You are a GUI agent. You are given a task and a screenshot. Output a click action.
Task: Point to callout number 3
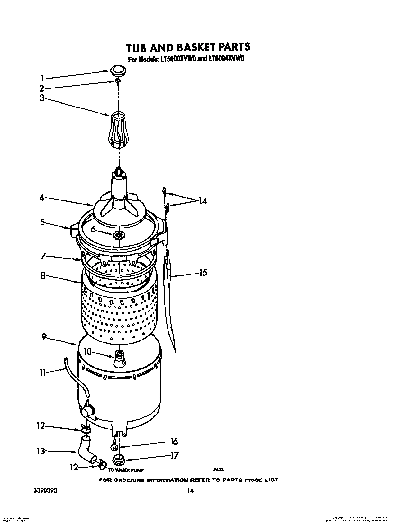[42, 98]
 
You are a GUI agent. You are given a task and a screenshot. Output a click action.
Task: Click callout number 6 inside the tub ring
[94, 229]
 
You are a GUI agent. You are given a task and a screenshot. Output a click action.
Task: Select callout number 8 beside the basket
[43, 275]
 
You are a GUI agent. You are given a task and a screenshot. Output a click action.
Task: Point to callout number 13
[41, 451]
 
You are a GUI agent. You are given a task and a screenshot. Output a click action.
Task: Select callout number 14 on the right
[203, 201]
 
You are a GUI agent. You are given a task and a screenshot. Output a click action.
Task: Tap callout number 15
[203, 273]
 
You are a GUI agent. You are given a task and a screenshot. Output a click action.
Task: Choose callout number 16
[174, 441]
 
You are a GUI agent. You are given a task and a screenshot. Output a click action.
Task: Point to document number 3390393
[46, 490]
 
